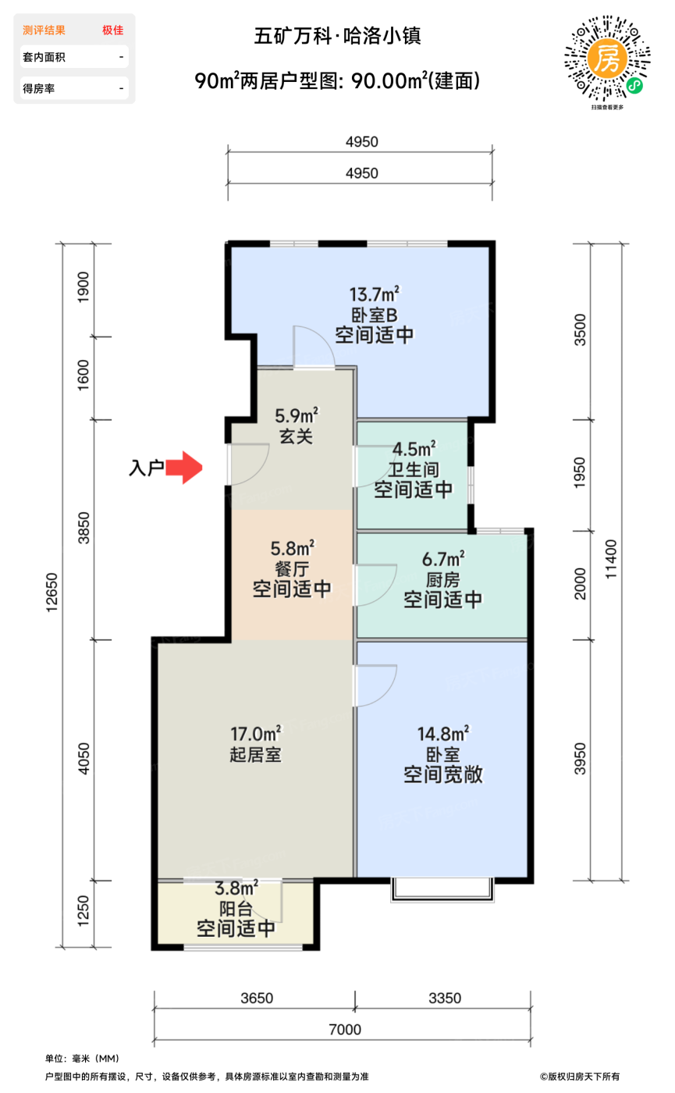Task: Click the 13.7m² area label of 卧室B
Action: (x=374, y=294)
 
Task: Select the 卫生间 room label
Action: (x=413, y=470)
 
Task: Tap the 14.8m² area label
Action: (x=442, y=734)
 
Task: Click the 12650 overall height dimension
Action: (x=53, y=593)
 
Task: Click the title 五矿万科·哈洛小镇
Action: (x=338, y=36)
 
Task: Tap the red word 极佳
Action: (x=112, y=30)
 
